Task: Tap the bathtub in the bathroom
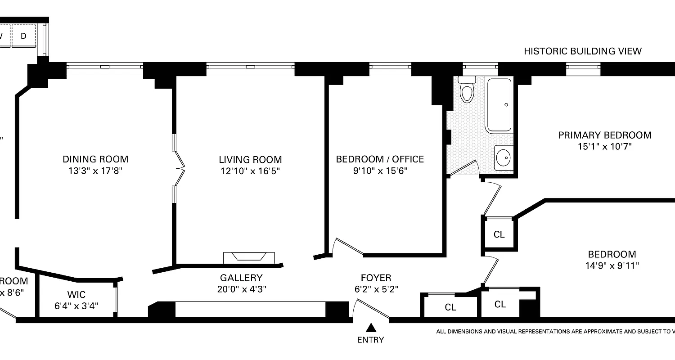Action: [499, 105]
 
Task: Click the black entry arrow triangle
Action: [371, 327]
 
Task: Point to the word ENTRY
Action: [371, 340]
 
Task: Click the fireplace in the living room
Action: [248, 257]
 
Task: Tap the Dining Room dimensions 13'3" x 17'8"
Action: [95, 171]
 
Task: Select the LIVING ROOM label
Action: [250, 159]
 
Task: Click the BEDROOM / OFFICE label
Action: [380, 159]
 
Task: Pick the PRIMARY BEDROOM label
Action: [605, 135]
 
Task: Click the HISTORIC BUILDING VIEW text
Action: [582, 51]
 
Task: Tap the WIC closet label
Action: [76, 295]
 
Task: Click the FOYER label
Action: [376, 278]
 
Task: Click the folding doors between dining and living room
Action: [179, 169]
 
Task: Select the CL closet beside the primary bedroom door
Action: [499, 234]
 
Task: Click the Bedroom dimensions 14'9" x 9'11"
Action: [612, 265]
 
